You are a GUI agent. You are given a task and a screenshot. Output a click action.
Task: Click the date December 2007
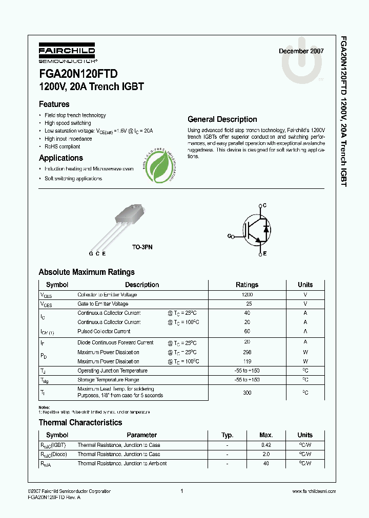(x=301, y=51)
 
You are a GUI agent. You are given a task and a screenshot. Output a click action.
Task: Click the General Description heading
(x=222, y=119)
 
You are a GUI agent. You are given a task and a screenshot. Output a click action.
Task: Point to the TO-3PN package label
(x=142, y=247)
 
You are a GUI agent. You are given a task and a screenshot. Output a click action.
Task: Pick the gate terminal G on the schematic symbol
(x=230, y=236)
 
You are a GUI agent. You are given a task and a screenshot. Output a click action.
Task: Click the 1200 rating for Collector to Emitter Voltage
(x=247, y=295)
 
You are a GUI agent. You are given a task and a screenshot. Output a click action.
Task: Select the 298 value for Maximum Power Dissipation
(x=247, y=352)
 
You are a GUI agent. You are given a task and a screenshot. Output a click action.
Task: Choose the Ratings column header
(x=247, y=285)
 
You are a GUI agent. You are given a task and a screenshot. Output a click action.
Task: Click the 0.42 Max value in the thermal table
(x=266, y=445)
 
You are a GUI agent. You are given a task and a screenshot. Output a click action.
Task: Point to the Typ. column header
(x=227, y=435)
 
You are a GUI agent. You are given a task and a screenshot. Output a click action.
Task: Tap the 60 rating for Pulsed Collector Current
(x=247, y=332)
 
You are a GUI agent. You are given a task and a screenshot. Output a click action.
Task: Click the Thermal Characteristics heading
(x=80, y=422)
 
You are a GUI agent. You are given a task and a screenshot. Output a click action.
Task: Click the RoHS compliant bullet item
(x=63, y=146)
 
